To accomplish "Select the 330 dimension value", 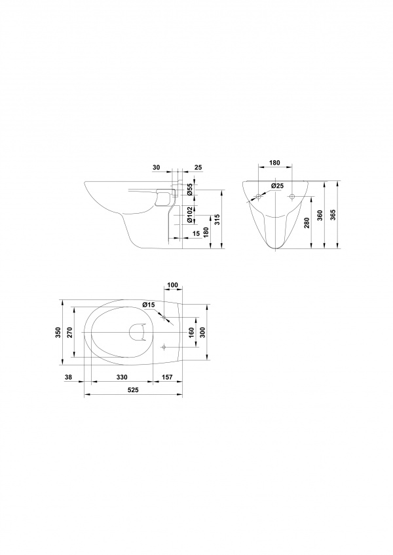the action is click(x=122, y=377).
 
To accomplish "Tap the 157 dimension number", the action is click(x=167, y=377).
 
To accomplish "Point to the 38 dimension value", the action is click(x=69, y=377).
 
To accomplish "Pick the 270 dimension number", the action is click(x=70, y=333).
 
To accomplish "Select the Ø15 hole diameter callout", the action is click(x=149, y=305).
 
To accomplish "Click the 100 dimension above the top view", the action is click(x=173, y=284).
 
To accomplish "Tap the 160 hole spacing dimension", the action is click(x=191, y=333).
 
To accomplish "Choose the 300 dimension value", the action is click(x=202, y=333).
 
